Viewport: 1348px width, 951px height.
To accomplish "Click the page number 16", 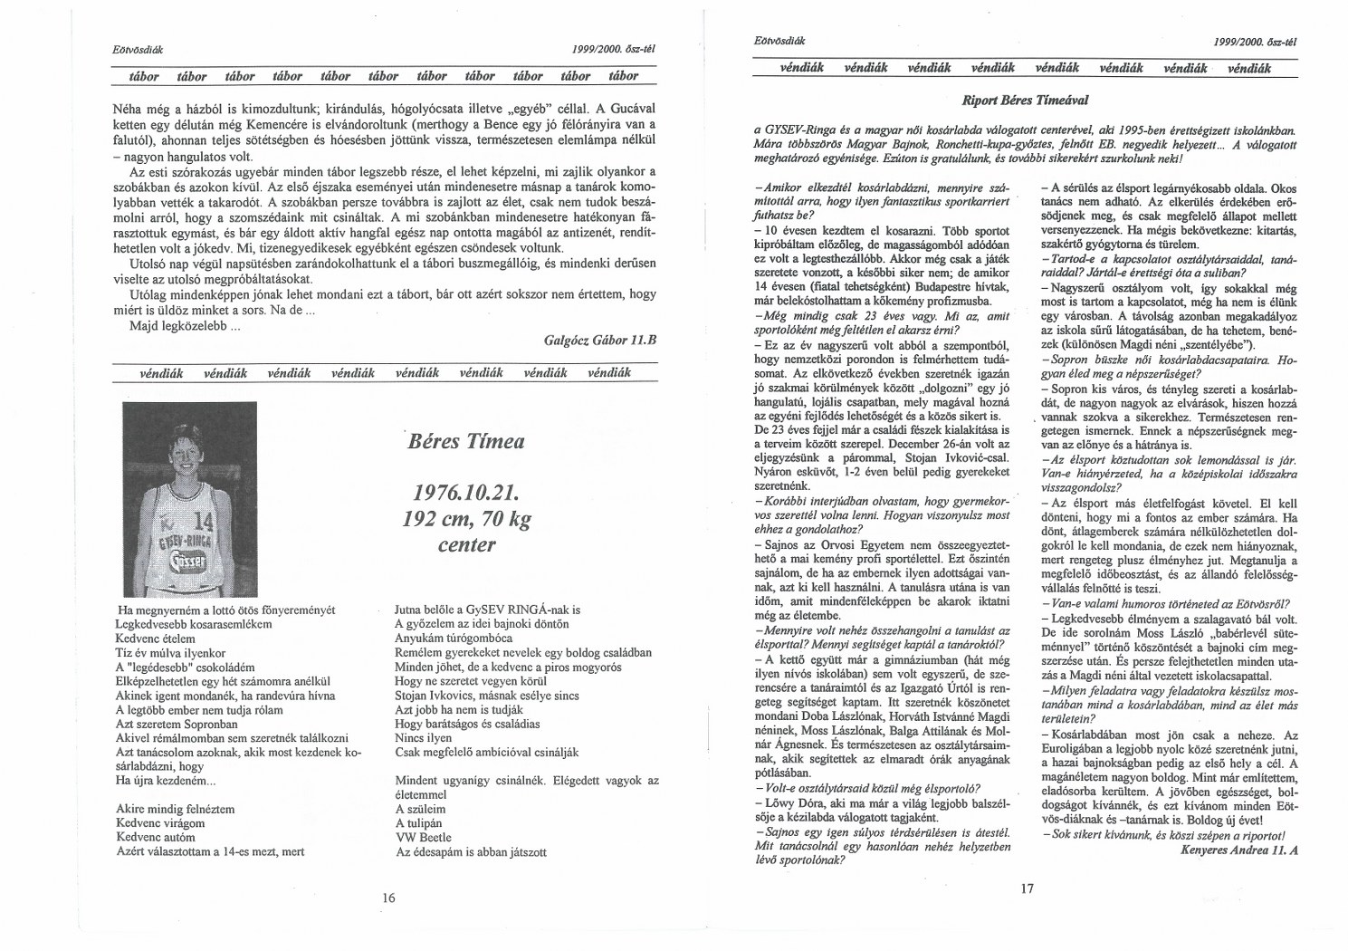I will click(389, 898).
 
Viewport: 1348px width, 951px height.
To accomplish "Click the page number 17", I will click(1026, 889).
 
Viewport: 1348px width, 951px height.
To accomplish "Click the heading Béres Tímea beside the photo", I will click(466, 442).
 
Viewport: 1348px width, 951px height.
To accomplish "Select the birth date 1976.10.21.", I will click(465, 495).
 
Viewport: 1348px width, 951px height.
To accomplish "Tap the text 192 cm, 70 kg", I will click(466, 520).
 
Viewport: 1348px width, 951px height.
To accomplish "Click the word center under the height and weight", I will click(466, 544).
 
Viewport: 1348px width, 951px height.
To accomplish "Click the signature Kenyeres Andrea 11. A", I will click(1240, 850).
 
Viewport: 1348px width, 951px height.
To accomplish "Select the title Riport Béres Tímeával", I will click(1025, 98).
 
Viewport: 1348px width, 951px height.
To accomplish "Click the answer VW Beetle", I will click(423, 838).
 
